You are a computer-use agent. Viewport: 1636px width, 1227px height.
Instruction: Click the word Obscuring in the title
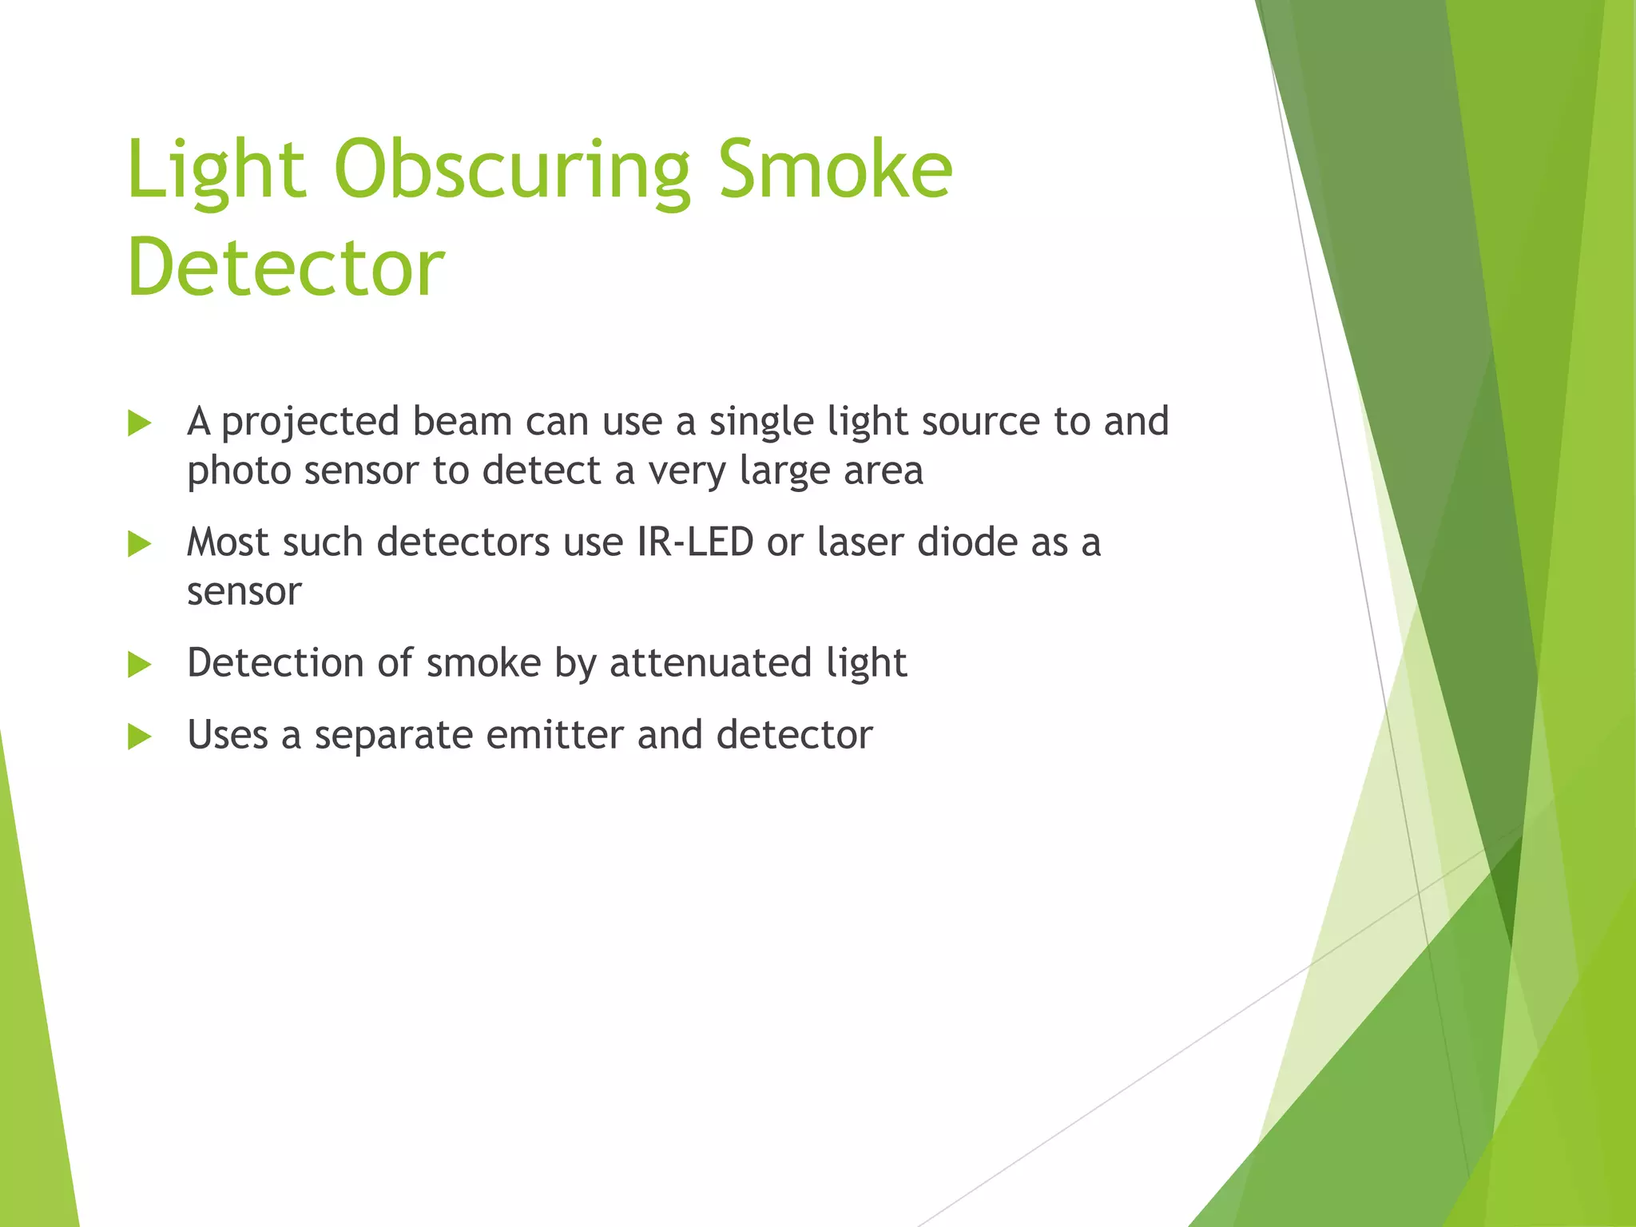point(511,169)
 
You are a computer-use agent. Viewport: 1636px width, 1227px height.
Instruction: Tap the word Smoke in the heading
point(834,169)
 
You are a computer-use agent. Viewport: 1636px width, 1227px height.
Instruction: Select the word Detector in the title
point(285,267)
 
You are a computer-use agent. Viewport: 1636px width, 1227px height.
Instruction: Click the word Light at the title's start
point(216,169)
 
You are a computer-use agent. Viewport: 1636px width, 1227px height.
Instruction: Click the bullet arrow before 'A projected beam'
point(139,424)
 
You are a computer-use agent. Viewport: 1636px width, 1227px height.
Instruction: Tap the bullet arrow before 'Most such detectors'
point(139,545)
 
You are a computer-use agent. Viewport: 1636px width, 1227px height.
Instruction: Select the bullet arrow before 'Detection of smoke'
point(139,665)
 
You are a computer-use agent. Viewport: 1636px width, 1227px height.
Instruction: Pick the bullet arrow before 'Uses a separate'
point(139,737)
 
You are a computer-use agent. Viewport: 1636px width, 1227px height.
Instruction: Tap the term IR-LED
point(695,542)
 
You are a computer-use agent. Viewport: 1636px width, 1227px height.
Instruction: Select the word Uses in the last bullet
point(227,735)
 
